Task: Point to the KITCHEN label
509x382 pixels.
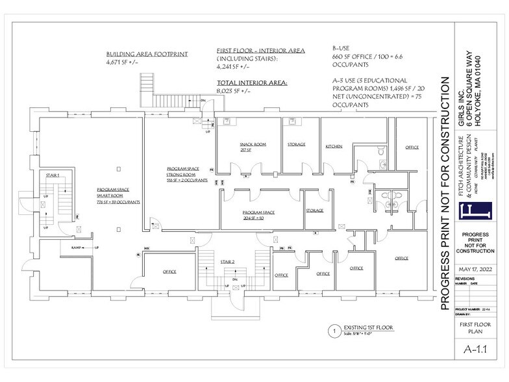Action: [334, 147]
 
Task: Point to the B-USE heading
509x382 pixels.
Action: [341, 47]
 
